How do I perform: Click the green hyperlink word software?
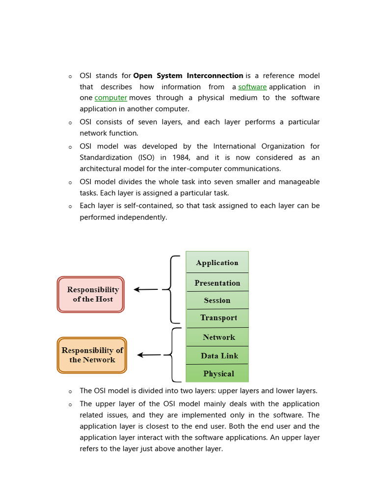click(252, 87)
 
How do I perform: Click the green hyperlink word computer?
click(110, 98)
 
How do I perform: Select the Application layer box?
click(217, 262)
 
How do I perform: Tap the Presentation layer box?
click(217, 282)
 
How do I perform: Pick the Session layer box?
click(217, 300)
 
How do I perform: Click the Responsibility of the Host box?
click(91, 294)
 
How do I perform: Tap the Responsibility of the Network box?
click(92, 355)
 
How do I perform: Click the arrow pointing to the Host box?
click(146, 290)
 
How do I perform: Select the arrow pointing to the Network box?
click(149, 355)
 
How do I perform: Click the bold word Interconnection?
click(215, 76)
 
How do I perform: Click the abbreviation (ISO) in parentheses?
click(144, 158)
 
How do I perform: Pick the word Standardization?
click(106, 158)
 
